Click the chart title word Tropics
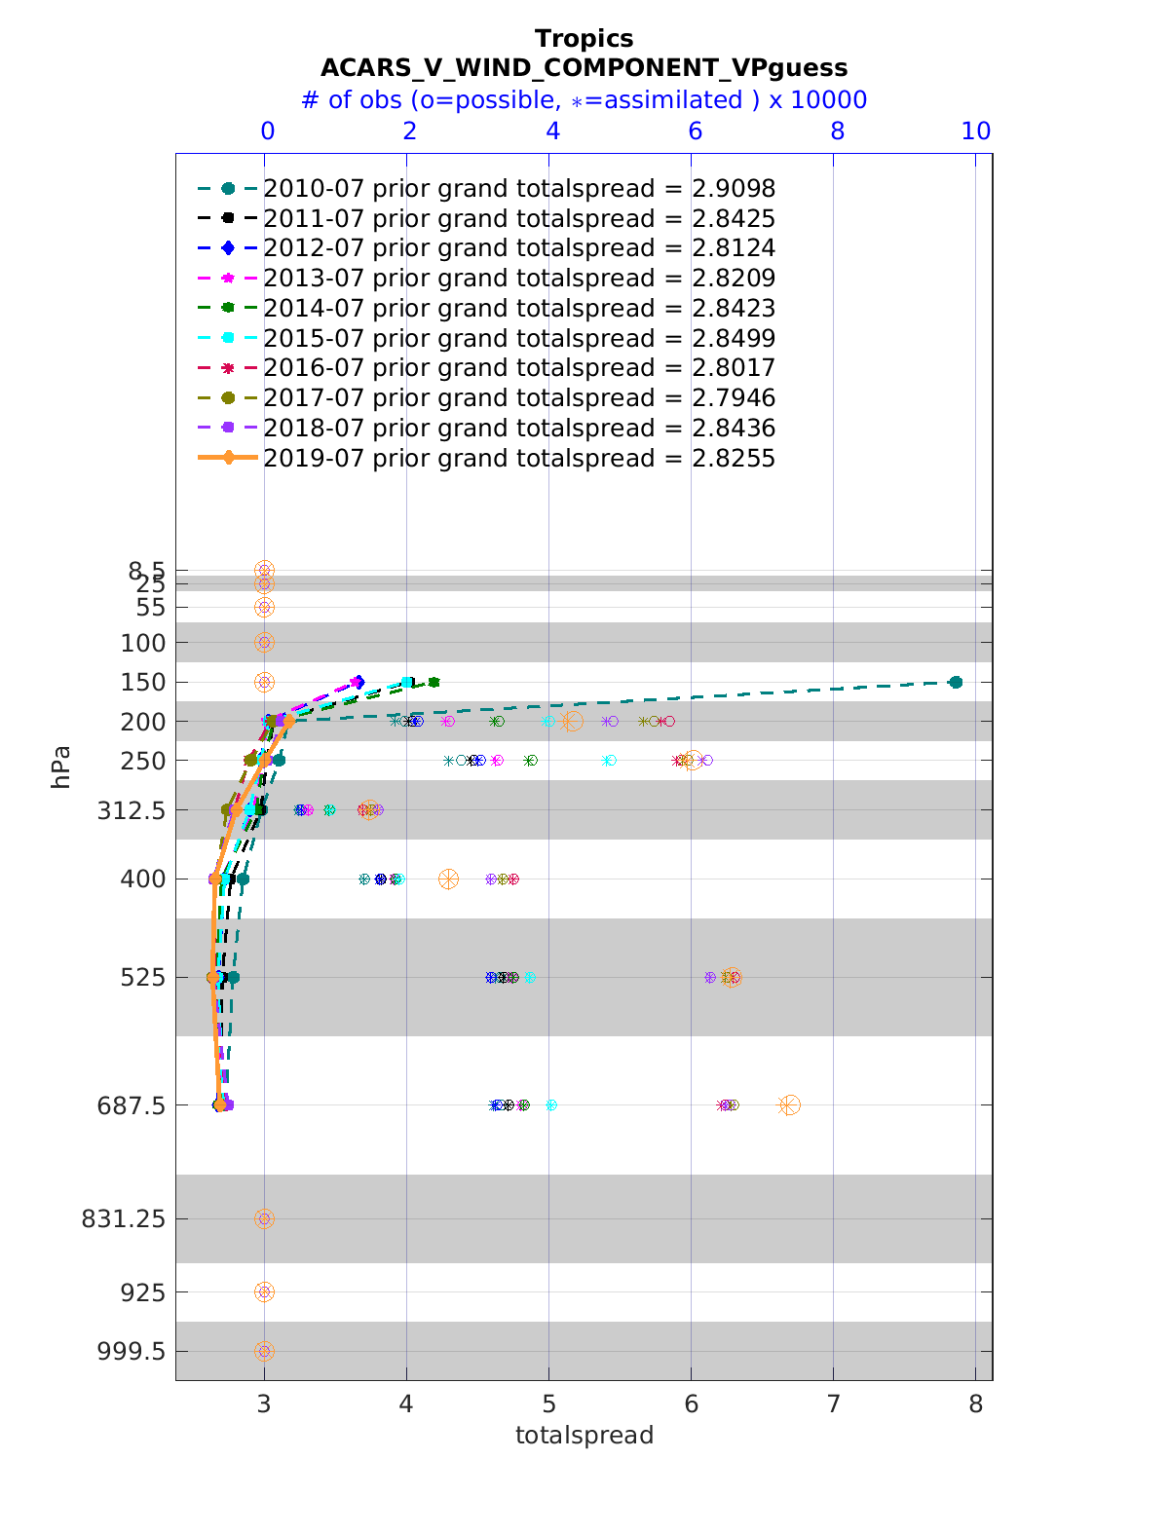(x=584, y=39)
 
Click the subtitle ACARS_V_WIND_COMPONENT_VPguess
(x=584, y=68)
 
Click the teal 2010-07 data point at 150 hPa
(x=956, y=682)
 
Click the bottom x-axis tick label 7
(x=833, y=1404)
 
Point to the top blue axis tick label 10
(x=976, y=131)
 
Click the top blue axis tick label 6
(x=695, y=131)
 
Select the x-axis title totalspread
(x=584, y=1436)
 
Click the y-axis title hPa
(x=62, y=767)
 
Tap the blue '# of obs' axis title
(x=584, y=100)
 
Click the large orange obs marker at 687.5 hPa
(x=789, y=1105)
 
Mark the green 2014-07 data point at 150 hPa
(x=434, y=682)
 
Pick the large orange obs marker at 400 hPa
(x=448, y=879)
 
